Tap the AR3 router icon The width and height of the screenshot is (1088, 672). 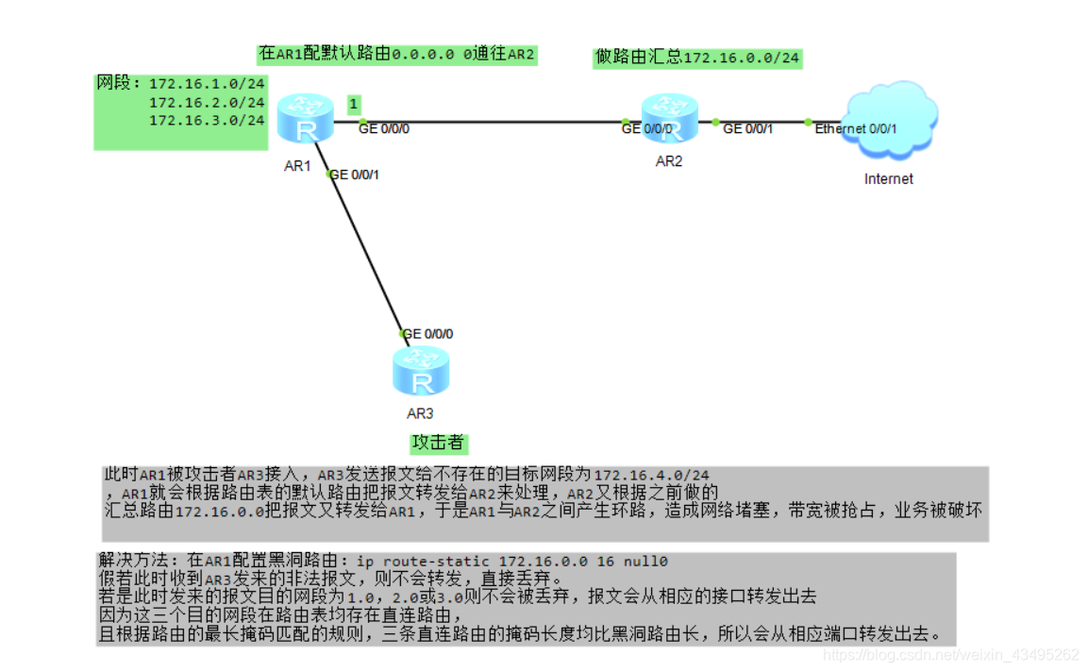pyautogui.click(x=421, y=371)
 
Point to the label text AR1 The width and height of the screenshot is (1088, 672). pyautogui.click(x=297, y=166)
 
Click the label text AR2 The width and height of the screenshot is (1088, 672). pyautogui.click(x=669, y=161)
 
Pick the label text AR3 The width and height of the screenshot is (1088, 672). pyautogui.click(x=420, y=413)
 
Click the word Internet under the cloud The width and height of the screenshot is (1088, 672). pyautogui.click(x=888, y=178)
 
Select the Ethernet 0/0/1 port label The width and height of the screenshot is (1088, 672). pyautogui.click(x=856, y=128)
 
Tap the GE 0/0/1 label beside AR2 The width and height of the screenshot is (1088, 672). pyautogui.click(x=747, y=128)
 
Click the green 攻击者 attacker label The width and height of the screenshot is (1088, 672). pyautogui.click(x=439, y=443)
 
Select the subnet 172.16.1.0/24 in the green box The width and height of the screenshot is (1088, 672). pyautogui.click(x=207, y=84)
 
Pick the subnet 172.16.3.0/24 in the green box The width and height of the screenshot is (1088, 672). pyautogui.click(x=207, y=120)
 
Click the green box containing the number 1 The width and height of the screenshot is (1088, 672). pyautogui.click(x=354, y=102)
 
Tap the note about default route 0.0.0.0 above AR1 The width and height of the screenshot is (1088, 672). pyautogui.click(x=396, y=54)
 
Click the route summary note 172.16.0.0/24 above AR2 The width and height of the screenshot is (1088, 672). pyautogui.click(x=697, y=58)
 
